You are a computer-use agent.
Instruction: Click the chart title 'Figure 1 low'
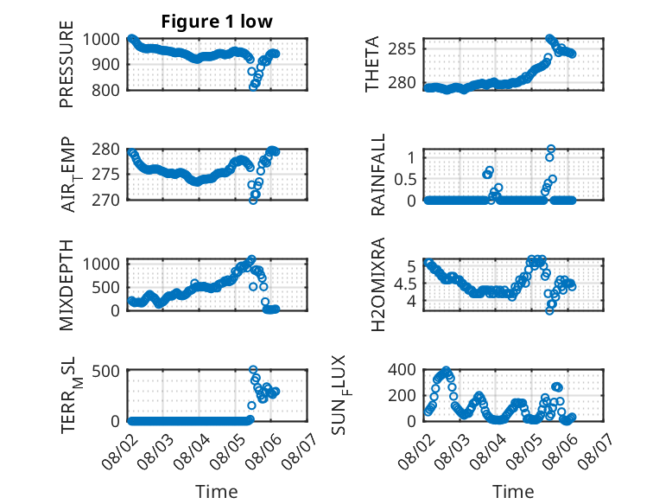coord(217,21)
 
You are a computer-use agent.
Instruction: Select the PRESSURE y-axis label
coord(67,64)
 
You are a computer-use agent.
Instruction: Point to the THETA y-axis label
coord(372,64)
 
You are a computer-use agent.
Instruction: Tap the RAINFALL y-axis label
coord(378,175)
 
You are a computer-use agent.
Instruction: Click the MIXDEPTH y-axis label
coord(67,284)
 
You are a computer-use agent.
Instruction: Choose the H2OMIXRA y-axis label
coord(378,284)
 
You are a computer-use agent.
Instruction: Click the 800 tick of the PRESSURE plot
coord(105,90)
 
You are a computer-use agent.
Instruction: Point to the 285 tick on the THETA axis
coord(402,49)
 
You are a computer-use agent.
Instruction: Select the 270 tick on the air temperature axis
coord(105,200)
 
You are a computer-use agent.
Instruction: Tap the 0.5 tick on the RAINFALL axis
coord(405,179)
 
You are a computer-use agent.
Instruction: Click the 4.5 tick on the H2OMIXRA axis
coord(405,284)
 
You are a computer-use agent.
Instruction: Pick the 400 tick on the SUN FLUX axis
coord(402,369)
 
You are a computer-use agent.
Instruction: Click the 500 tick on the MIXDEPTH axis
coord(105,287)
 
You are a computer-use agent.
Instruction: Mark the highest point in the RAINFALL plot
coord(551,149)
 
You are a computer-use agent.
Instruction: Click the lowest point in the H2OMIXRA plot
coord(549,310)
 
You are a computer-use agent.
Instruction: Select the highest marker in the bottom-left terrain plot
coord(253,369)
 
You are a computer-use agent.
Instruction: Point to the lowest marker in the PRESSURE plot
coord(253,86)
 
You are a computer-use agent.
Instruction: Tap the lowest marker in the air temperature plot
coord(253,200)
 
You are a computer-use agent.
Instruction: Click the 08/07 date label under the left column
coord(300,451)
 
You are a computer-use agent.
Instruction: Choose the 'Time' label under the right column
coord(513,492)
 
